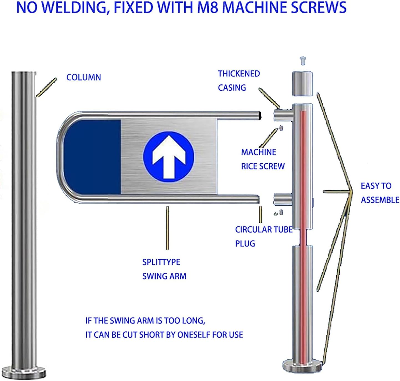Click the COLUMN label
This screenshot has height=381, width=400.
pos(83,77)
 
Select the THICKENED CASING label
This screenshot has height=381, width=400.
pos(239,80)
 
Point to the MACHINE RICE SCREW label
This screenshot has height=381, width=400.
pos(262,159)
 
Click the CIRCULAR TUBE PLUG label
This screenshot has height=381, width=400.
pos(264,236)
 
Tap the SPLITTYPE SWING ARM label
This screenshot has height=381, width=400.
pos(164,269)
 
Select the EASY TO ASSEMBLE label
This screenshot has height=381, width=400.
pos(379,193)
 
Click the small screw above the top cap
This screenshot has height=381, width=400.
pos(303,60)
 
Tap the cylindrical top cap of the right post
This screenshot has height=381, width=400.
pos(302,83)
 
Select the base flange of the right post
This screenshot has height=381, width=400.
pos(302,366)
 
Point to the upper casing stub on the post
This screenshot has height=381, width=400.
pos(283,115)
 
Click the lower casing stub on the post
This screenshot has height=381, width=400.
pos(282,199)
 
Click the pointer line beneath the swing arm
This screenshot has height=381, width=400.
pos(167,228)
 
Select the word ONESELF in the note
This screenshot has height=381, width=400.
pos(194,335)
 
